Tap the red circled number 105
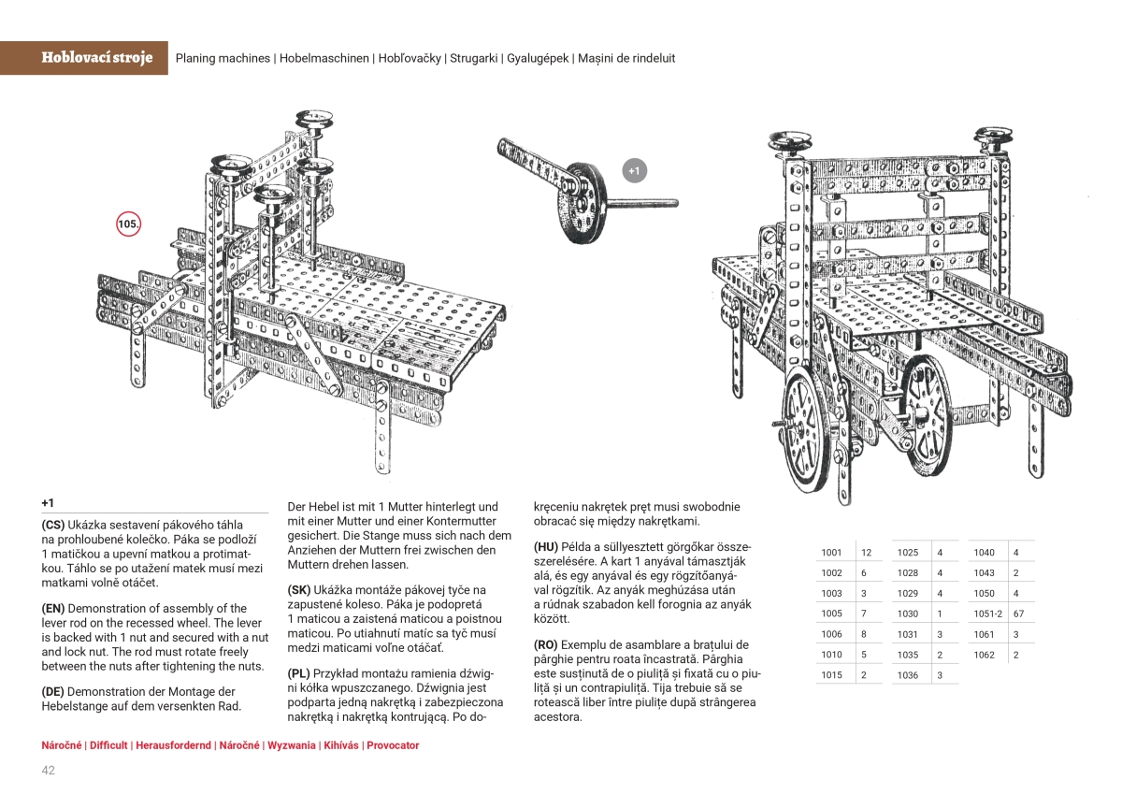(x=128, y=224)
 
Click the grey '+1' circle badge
(x=634, y=171)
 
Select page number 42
(x=49, y=771)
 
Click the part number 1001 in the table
(x=831, y=553)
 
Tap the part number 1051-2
(x=987, y=614)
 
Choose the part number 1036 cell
(x=907, y=674)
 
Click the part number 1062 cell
(x=983, y=655)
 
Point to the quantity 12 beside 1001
(x=866, y=553)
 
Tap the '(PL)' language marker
(x=300, y=673)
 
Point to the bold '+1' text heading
(x=49, y=502)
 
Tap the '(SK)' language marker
(x=300, y=590)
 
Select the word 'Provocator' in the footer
(x=393, y=745)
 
